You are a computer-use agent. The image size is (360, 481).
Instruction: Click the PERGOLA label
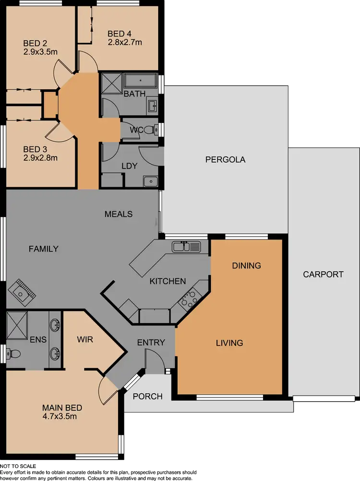click(225, 159)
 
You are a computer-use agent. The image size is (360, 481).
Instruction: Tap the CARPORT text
click(323, 275)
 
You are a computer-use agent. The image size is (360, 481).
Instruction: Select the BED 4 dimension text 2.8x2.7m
click(125, 42)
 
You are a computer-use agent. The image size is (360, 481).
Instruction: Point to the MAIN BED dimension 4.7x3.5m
click(60, 416)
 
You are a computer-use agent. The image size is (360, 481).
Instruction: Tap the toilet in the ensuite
click(13, 354)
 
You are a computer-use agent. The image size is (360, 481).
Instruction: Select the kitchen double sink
click(186, 247)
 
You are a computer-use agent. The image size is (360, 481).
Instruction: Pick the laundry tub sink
click(150, 181)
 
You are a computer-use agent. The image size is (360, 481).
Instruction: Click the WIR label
click(84, 339)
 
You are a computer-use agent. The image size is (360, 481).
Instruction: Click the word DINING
click(246, 265)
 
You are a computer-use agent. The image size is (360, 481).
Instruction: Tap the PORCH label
click(147, 397)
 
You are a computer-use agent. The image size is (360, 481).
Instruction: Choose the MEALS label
click(119, 214)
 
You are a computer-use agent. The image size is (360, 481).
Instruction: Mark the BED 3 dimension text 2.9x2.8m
click(40, 157)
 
